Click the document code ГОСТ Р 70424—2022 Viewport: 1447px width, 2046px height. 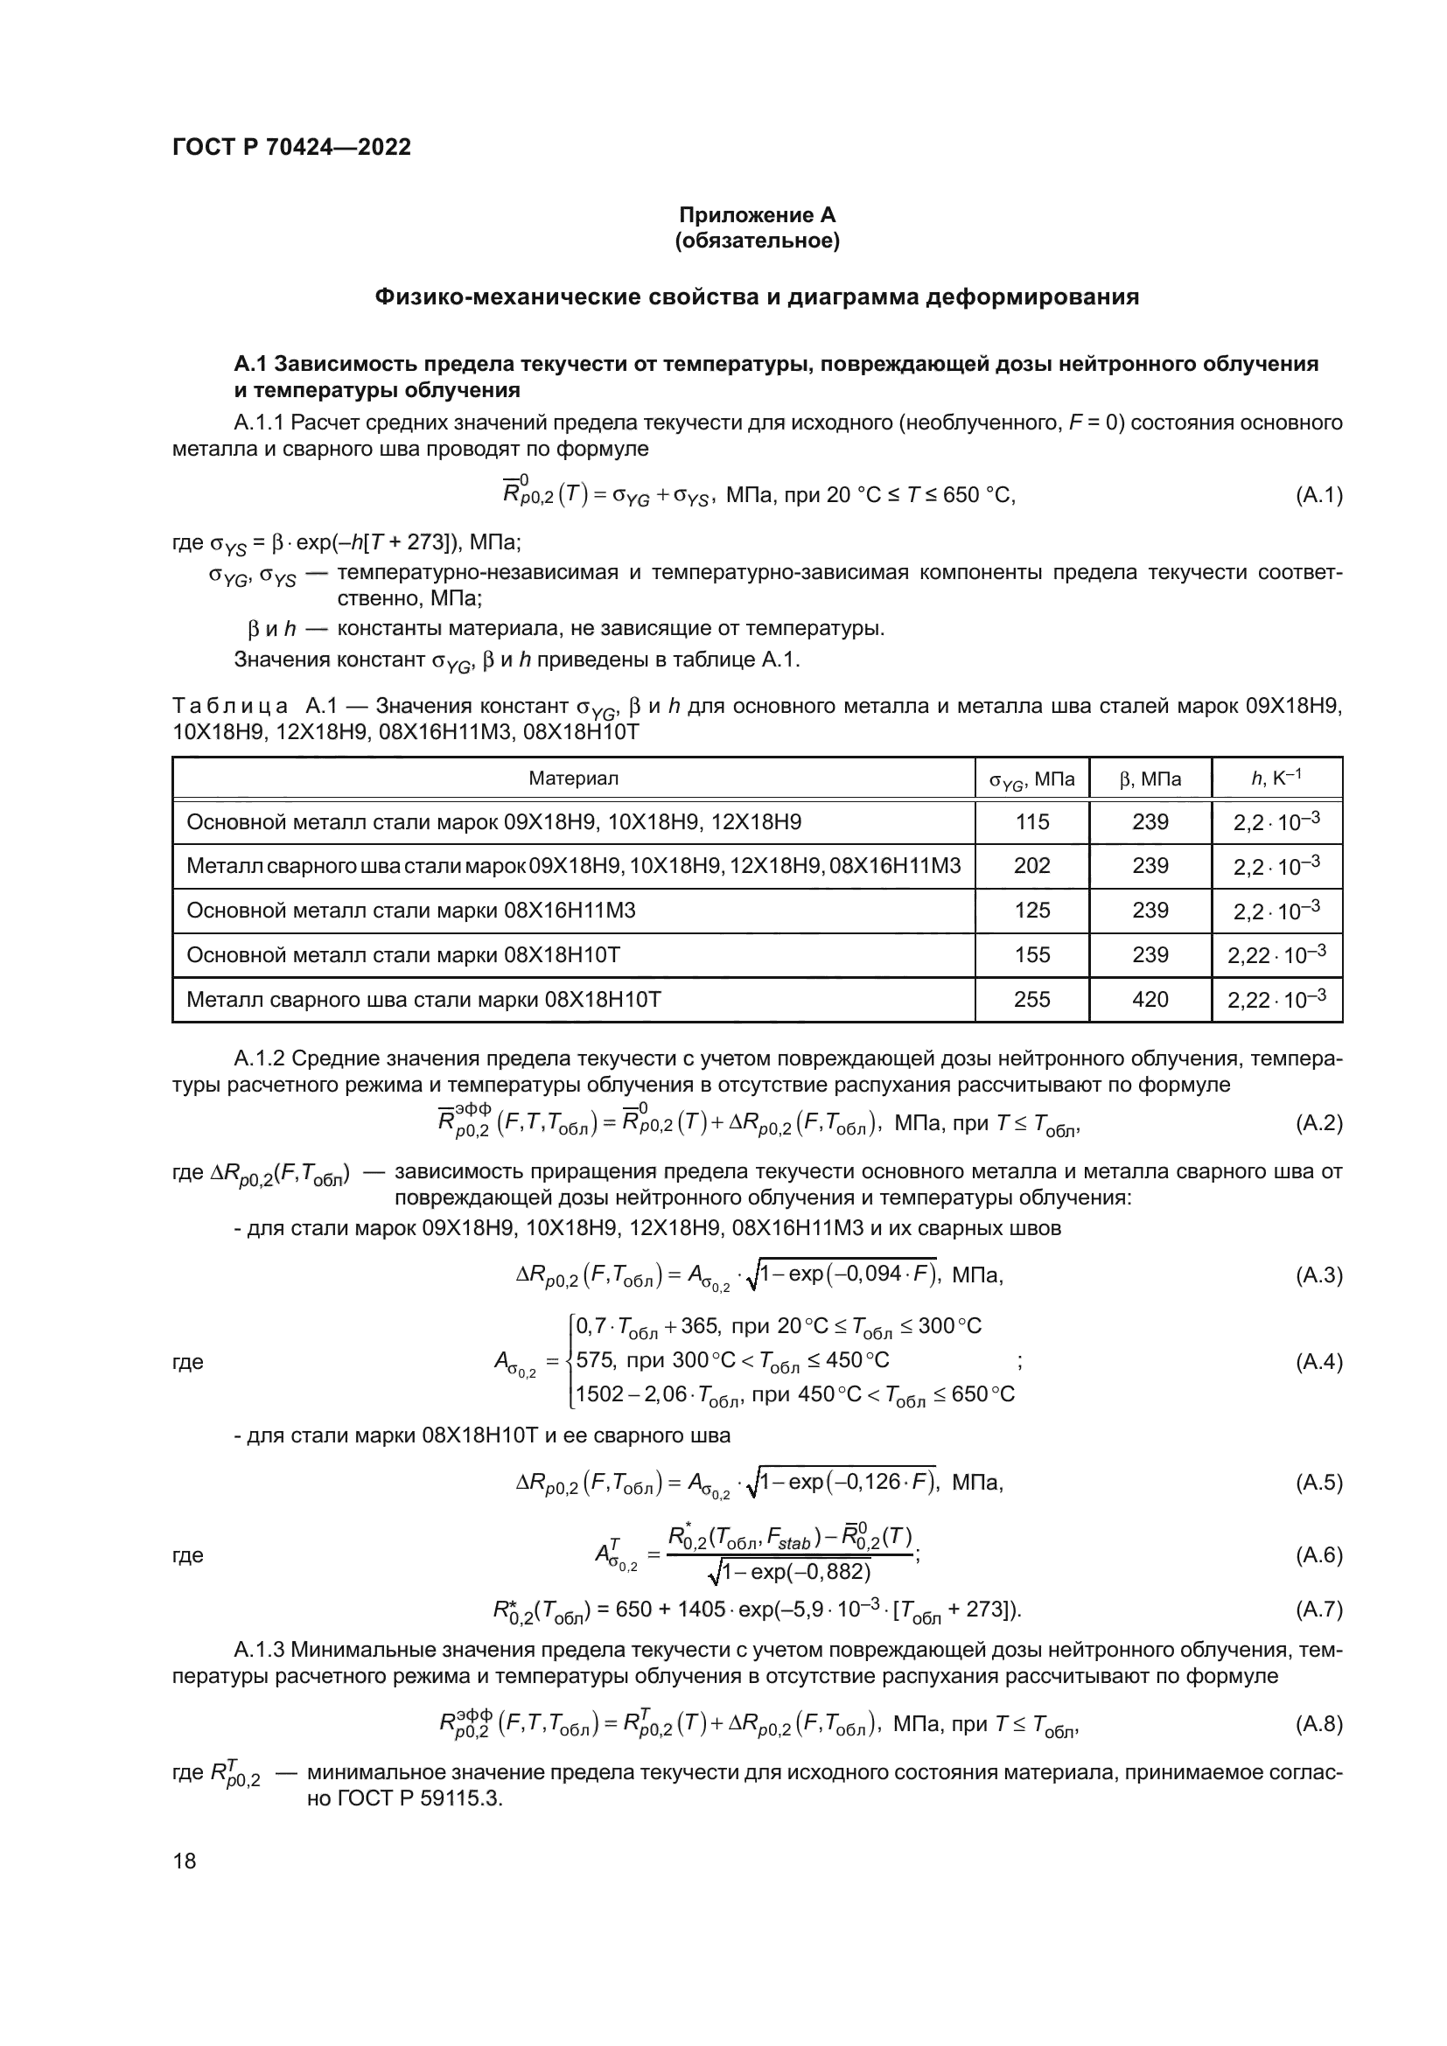coord(291,148)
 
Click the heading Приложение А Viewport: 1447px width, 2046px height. coord(758,216)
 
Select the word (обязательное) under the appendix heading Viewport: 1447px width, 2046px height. coord(758,241)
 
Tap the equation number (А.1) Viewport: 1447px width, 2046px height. coord(1318,495)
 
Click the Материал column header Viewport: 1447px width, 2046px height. coord(573,779)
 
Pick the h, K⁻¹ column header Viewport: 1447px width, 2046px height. coord(1276,779)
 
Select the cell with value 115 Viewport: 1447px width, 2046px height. coord(1031,821)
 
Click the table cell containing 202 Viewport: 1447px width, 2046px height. coord(1031,866)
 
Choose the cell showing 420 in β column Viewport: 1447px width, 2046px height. coord(1150,1000)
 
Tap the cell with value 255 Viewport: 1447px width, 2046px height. coord(1031,1000)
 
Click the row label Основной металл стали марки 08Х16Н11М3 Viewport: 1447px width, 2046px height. coord(411,911)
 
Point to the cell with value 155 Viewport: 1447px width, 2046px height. coord(1031,955)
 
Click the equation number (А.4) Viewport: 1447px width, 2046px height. coord(1318,1362)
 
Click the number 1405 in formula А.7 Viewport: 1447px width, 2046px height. coord(701,1610)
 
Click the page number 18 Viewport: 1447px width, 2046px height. coord(185,1861)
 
